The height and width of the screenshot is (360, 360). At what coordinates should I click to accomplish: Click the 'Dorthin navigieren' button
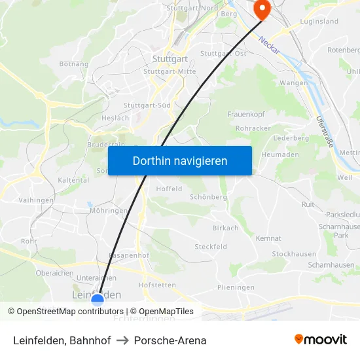click(x=180, y=160)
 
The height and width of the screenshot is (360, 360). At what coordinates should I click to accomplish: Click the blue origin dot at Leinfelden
click(x=98, y=300)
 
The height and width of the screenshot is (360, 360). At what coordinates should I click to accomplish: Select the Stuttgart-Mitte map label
click(x=170, y=71)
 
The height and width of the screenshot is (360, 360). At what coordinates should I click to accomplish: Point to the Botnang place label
click(x=74, y=64)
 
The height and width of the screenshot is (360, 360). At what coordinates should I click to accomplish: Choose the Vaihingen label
click(x=36, y=200)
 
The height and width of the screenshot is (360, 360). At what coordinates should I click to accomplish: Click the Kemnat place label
click(x=268, y=238)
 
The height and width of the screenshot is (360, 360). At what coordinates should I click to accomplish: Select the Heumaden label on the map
click(x=280, y=154)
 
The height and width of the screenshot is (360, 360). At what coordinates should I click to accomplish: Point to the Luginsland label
click(x=319, y=21)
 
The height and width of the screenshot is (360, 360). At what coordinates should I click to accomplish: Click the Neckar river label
click(x=269, y=45)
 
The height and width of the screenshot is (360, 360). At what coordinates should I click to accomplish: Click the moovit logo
click(x=321, y=340)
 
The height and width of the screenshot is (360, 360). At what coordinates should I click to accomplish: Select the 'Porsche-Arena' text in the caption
click(x=170, y=340)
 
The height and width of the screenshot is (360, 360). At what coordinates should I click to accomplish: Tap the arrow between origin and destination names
click(x=123, y=340)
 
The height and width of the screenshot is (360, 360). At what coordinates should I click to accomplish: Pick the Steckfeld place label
click(x=211, y=247)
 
